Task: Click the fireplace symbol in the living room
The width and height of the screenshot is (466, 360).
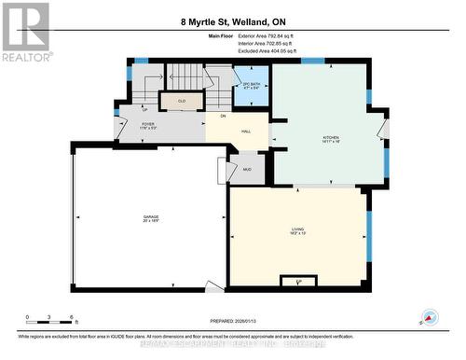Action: (x=297, y=280)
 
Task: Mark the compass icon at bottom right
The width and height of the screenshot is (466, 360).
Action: (x=430, y=318)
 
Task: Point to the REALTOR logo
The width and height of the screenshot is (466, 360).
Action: (x=24, y=29)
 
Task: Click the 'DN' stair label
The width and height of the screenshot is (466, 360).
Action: (x=223, y=115)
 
